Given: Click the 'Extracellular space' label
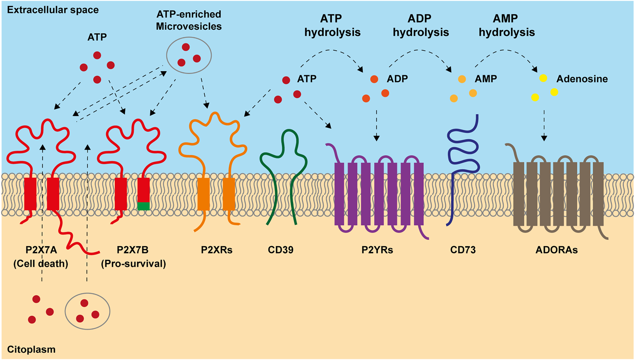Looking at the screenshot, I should pyautogui.click(x=53, y=10).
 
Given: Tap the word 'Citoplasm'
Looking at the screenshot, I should pyautogui.click(x=31, y=349).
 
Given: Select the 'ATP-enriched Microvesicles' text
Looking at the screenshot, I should pyautogui.click(x=189, y=20).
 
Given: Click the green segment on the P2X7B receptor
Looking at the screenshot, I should pyautogui.click(x=143, y=206).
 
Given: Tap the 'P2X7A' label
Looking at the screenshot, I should pyautogui.click(x=41, y=250).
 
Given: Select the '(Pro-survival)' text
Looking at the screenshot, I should pyautogui.click(x=133, y=264).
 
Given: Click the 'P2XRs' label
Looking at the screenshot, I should pyautogui.click(x=216, y=250).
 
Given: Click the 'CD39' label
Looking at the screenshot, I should pyautogui.click(x=280, y=250).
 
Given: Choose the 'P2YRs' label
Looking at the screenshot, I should pyautogui.click(x=377, y=250).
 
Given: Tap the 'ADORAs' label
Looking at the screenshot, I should pyautogui.click(x=556, y=250).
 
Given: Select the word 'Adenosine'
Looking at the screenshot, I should pyautogui.click(x=582, y=79).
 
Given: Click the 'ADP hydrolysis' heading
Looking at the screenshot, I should pyautogui.click(x=421, y=25).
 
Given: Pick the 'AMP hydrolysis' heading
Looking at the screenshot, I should pyautogui.click(x=506, y=25).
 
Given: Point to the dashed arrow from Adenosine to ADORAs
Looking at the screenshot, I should pyautogui.click(x=544, y=125).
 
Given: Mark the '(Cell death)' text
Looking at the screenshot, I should pyautogui.click(x=41, y=264).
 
